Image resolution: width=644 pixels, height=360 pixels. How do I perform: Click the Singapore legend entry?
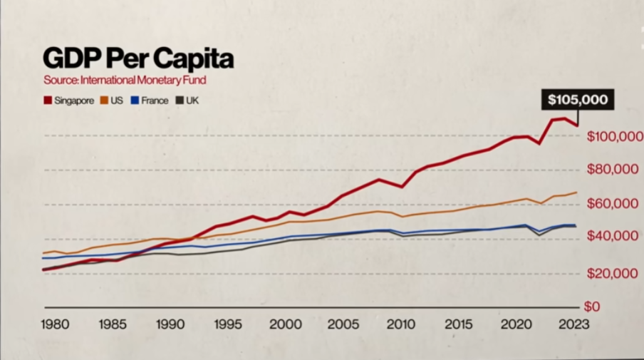68,101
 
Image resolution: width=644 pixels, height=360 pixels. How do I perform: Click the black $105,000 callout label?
577,100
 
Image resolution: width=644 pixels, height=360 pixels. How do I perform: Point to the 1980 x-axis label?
56,324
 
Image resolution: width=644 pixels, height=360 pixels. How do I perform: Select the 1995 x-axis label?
228,324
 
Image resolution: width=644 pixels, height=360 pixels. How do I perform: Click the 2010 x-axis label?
400,324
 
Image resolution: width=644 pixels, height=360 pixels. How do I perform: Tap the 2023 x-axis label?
573,324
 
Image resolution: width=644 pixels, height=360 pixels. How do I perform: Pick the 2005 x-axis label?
343,324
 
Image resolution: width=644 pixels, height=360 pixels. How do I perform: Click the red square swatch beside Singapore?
47,101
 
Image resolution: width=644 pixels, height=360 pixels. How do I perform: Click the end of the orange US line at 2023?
576,192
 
